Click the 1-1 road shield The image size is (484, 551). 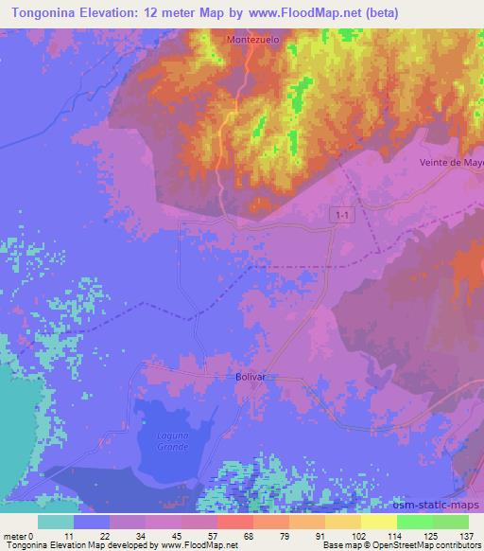[x=341, y=217]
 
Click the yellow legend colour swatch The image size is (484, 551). [x=378, y=521]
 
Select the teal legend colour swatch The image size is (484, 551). [x=56, y=521]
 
